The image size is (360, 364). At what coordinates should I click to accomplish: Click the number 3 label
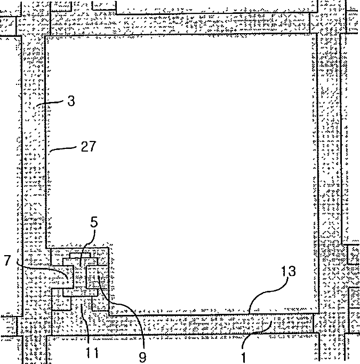tap(71, 101)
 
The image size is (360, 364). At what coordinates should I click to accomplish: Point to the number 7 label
tap(7, 261)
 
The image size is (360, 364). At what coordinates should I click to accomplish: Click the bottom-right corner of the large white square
tap(319, 314)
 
